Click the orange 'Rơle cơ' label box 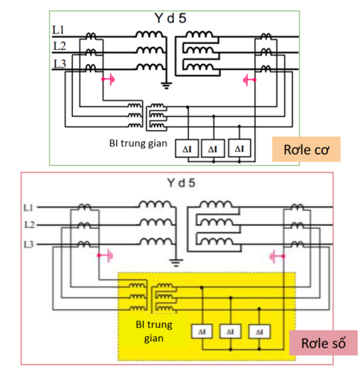[x=306, y=149]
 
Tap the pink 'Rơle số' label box [x=324, y=343]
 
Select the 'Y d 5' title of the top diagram [x=170, y=18]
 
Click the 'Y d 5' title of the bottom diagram [x=181, y=183]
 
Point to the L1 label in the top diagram [x=59, y=31]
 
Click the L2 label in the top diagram [x=60, y=46]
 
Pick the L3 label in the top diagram [x=60, y=64]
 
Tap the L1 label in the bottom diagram [x=28, y=208]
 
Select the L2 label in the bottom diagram [x=29, y=225]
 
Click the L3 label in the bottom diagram [x=28, y=244]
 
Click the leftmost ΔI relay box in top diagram [x=187, y=149]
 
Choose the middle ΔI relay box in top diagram [x=213, y=149]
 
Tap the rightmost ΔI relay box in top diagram [x=240, y=148]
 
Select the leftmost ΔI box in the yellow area [x=202, y=332]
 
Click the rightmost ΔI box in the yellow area [x=260, y=332]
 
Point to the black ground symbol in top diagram [x=166, y=86]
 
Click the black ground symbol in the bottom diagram [x=176, y=263]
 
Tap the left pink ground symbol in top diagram [x=109, y=80]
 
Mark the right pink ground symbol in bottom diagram [x=277, y=256]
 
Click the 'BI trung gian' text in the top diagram [x=138, y=144]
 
